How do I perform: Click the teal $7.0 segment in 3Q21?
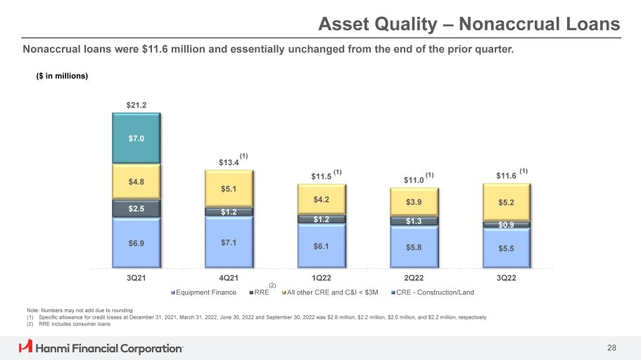pyautogui.click(x=136, y=139)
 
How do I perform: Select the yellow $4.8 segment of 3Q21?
pyautogui.click(x=136, y=181)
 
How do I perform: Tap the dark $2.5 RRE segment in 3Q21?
pyautogui.click(x=136, y=209)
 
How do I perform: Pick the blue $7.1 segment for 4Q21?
pyautogui.click(x=229, y=242)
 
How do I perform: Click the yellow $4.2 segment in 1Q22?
pyautogui.click(x=322, y=199)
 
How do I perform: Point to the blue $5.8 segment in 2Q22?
pyautogui.click(x=414, y=247)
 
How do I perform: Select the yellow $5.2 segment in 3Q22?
pyautogui.click(x=507, y=202)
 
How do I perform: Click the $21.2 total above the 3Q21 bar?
pyautogui.click(x=136, y=105)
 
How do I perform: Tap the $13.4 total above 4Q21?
pyautogui.click(x=229, y=163)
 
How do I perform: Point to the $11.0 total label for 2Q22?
pyautogui.click(x=414, y=181)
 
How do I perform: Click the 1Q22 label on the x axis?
pyautogui.click(x=322, y=278)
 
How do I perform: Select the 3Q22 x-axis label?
pyautogui.click(x=507, y=278)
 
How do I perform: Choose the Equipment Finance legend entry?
pyautogui.click(x=205, y=292)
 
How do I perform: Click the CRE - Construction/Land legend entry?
pyautogui.click(x=435, y=292)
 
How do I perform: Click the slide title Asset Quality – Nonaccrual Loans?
pyautogui.click(x=469, y=25)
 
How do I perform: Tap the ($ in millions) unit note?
pyautogui.click(x=62, y=76)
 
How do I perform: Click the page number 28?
pyautogui.click(x=611, y=348)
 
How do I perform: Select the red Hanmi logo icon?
pyautogui.click(x=25, y=347)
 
